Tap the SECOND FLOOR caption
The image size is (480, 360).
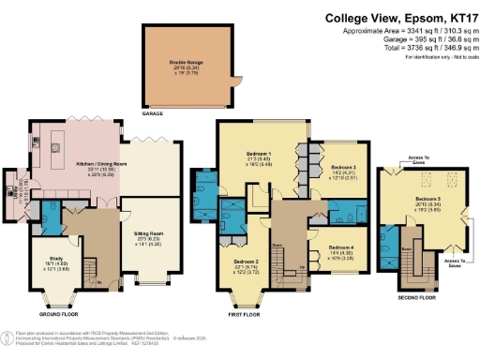[x=415, y=297]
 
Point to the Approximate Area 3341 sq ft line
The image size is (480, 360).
[x=406, y=31]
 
